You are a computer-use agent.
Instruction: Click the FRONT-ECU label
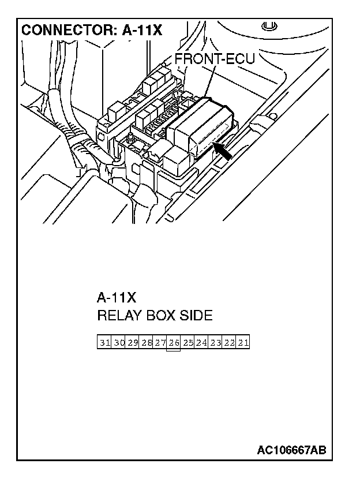[214, 60]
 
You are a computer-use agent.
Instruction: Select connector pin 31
[104, 343]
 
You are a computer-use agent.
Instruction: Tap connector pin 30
[119, 343]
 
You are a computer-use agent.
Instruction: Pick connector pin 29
[133, 343]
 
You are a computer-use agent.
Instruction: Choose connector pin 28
[147, 343]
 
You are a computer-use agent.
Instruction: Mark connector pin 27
[160, 343]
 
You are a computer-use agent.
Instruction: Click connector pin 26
[174, 343]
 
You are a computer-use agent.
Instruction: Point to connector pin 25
[187, 343]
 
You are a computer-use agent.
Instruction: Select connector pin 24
[201, 343]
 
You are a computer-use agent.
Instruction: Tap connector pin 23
[215, 343]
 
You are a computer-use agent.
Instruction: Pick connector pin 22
[229, 343]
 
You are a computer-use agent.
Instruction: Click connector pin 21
[243, 343]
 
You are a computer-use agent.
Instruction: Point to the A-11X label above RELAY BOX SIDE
[116, 298]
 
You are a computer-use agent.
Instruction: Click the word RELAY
[117, 316]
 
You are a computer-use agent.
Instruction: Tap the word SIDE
[196, 316]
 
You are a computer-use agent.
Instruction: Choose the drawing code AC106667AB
[291, 450]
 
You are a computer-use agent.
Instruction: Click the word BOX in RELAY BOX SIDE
[159, 316]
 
